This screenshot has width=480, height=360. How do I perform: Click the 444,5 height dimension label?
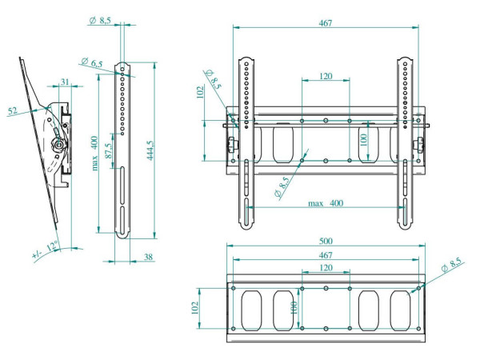pos(150,150)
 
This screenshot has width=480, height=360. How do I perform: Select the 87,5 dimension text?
pos(109,151)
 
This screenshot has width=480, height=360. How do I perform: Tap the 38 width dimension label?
pos(148,257)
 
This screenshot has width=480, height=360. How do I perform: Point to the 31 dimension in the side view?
pos(65,82)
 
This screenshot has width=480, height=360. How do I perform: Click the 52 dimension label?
pos(13,110)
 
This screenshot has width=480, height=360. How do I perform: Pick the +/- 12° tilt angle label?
pos(46,250)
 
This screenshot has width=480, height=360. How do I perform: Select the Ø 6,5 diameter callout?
pos(92,62)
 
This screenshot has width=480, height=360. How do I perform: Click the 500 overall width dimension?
pos(326,241)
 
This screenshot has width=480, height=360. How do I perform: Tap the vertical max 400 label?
pos(95,153)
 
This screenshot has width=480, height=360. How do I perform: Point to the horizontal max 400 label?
pos(326,203)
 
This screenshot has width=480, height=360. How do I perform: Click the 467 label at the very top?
pos(326,23)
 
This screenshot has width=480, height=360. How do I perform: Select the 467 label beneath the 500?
pos(326,255)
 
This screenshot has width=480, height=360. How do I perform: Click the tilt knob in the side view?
pos(58,144)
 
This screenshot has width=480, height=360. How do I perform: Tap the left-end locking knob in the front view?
pos(231,144)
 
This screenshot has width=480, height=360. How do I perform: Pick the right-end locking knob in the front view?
pos(419,144)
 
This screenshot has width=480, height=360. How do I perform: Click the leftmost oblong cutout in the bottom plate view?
pos(252,310)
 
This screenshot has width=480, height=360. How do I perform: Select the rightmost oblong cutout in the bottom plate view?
pos(400,310)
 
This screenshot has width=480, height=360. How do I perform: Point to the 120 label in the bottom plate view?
pos(326,267)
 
